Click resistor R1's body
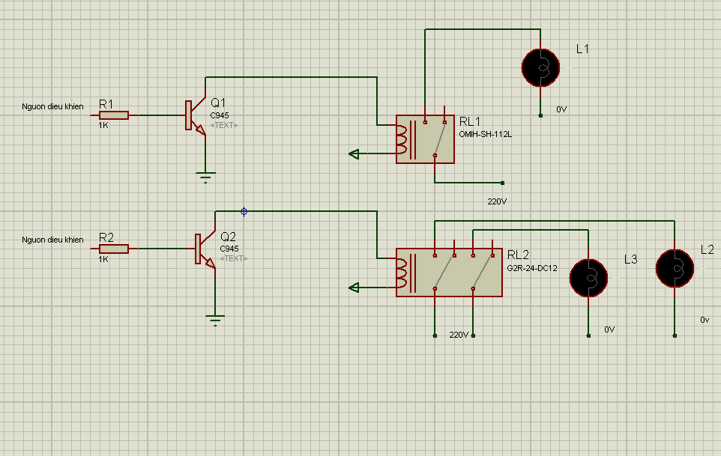click(x=114, y=115)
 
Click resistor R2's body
click(x=114, y=249)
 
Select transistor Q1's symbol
click(x=195, y=116)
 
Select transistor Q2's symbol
click(x=205, y=249)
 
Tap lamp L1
click(x=540, y=67)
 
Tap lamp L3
click(x=589, y=277)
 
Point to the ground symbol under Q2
click(x=215, y=320)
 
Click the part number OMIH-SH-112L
click(x=485, y=134)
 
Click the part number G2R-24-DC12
click(x=533, y=268)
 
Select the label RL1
click(x=470, y=121)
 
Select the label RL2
click(x=518, y=255)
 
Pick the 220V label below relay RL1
click(x=498, y=201)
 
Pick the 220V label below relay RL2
click(x=459, y=334)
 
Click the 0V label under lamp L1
click(x=561, y=109)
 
